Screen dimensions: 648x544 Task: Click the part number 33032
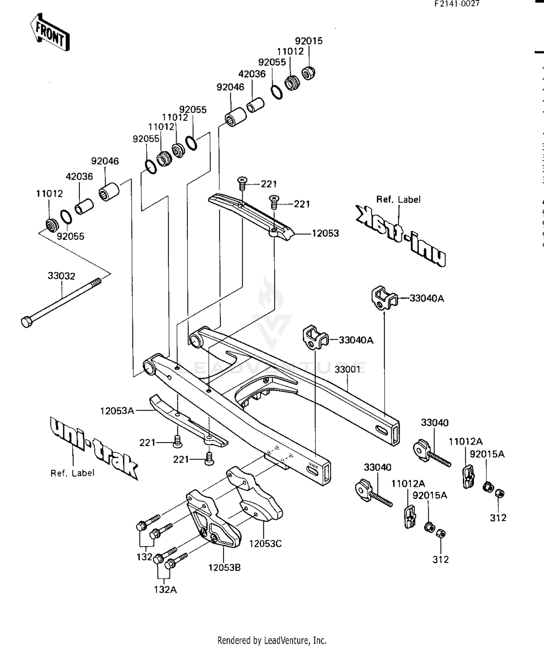(61, 276)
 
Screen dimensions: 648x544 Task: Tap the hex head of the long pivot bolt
(27, 322)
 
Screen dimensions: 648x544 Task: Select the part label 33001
(347, 369)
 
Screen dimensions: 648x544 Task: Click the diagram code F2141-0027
(457, 4)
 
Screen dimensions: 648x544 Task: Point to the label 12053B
(224, 567)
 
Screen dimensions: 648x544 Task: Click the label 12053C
(265, 544)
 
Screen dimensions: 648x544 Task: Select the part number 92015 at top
(309, 41)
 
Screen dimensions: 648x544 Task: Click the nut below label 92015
(308, 74)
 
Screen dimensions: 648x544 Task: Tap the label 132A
(165, 590)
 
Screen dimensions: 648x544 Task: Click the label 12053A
(117, 411)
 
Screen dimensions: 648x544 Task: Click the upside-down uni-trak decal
(401, 235)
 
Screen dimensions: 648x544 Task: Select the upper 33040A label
(426, 298)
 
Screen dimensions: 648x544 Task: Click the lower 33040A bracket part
(314, 338)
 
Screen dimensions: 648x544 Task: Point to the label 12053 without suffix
(325, 234)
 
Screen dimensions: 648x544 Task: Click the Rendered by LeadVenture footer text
(272, 640)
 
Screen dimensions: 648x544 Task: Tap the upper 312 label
(498, 518)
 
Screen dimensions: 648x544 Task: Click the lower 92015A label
(430, 495)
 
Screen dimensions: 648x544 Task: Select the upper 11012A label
(465, 441)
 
